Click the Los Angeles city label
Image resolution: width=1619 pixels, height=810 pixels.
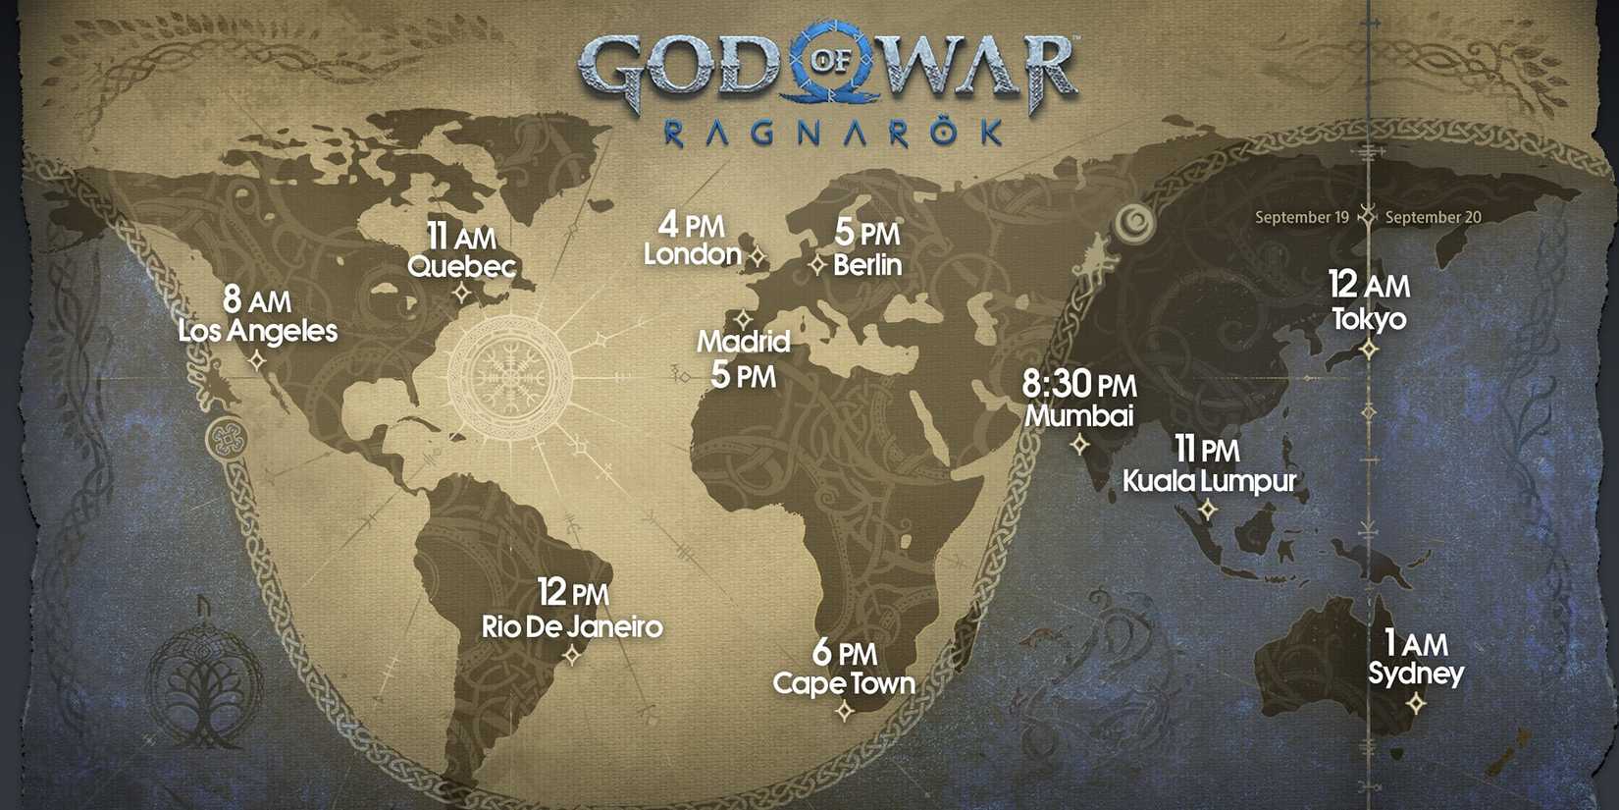tap(257, 331)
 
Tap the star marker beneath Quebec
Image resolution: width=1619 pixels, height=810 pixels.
tap(462, 293)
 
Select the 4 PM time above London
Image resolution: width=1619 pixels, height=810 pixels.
tap(691, 225)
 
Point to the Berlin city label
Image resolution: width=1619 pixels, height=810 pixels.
tap(867, 264)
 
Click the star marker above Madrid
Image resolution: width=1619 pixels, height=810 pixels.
tap(743, 319)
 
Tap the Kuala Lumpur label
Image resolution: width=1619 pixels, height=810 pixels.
tap(1209, 480)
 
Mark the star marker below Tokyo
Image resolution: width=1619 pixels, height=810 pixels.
tap(1369, 349)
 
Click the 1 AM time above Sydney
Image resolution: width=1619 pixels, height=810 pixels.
tap(1416, 643)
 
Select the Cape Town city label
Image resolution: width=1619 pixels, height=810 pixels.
tap(844, 683)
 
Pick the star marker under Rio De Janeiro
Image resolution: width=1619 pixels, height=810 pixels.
tap(572, 654)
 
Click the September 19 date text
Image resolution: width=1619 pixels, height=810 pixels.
tap(1302, 217)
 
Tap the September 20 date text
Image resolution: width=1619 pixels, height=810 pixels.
tap(1433, 217)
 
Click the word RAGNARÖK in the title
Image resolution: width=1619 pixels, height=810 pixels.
tap(833, 133)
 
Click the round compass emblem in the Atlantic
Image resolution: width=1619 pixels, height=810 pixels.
tap(510, 374)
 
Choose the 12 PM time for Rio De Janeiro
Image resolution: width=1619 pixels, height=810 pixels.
tap(573, 593)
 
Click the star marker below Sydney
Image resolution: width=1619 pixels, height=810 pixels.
tap(1416, 703)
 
